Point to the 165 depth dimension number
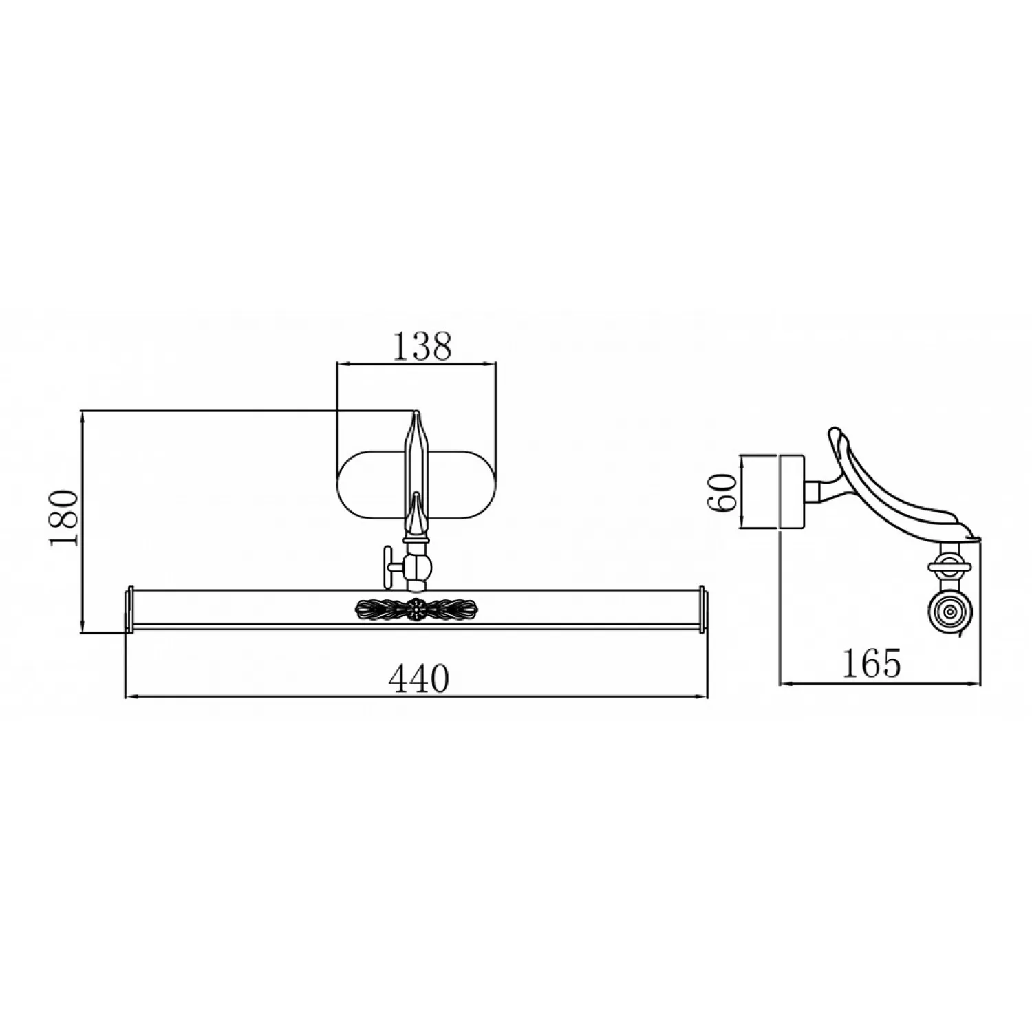[x=870, y=663]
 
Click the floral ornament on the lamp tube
[x=416, y=608]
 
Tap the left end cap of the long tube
[x=128, y=609]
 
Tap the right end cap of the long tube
[x=703, y=609]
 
